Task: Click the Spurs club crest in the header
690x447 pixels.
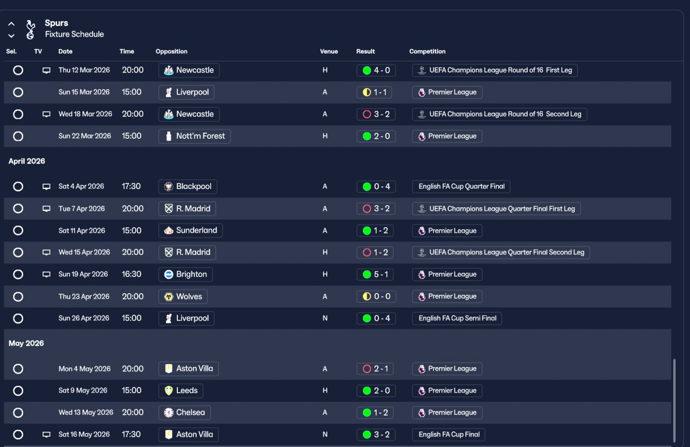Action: pyautogui.click(x=30, y=29)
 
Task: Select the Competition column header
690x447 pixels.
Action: pyautogui.click(x=427, y=51)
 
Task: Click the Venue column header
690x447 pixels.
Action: pyautogui.click(x=329, y=51)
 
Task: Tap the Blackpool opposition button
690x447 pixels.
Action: pyautogui.click(x=188, y=186)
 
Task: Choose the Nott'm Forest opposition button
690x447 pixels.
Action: pyautogui.click(x=194, y=136)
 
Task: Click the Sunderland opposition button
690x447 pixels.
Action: pyautogui.click(x=190, y=231)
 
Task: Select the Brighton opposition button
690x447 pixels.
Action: pyautogui.click(x=185, y=274)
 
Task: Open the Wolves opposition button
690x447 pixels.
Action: pyautogui.click(x=183, y=296)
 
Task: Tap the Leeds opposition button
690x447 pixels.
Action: pyautogui.click(x=181, y=390)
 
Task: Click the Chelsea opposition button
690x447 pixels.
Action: pyautogui.click(x=184, y=412)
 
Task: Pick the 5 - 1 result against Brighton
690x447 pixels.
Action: pyautogui.click(x=376, y=274)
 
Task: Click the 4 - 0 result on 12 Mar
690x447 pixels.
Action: pyautogui.click(x=376, y=70)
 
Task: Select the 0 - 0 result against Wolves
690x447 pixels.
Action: pyautogui.click(x=376, y=296)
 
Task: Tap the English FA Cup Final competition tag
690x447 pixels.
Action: pyautogui.click(x=448, y=434)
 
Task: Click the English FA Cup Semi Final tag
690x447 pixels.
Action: pyautogui.click(x=457, y=318)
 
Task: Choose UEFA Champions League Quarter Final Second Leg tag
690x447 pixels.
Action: pyautogui.click(x=501, y=252)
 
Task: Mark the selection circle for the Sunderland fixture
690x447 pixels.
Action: pyautogui.click(x=18, y=231)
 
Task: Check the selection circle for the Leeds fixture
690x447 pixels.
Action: pyautogui.click(x=18, y=390)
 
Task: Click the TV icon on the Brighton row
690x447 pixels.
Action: pyautogui.click(x=46, y=274)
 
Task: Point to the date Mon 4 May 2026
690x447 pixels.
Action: pyautogui.click(x=84, y=369)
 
